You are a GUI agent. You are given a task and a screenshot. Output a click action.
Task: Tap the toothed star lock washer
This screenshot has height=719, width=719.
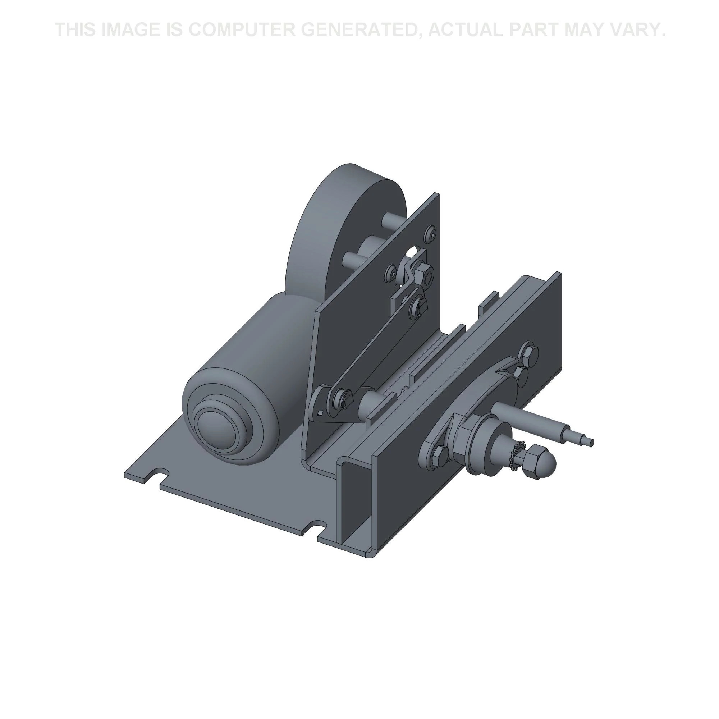(x=518, y=452)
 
